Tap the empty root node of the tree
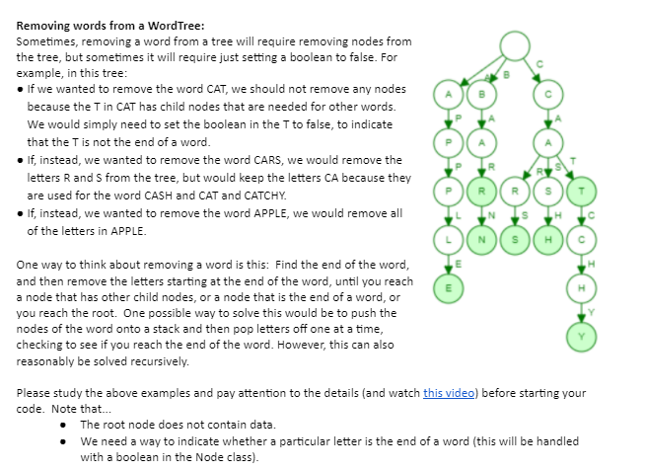pyautogui.click(x=515, y=45)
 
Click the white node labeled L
pyautogui.click(x=449, y=240)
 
